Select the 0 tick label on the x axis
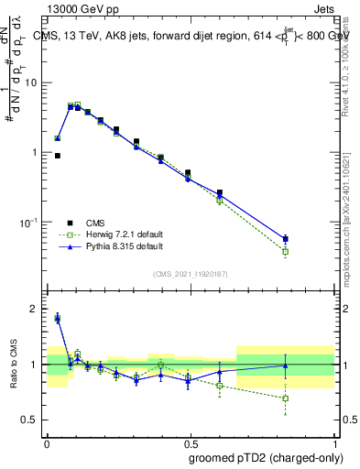coord(47,442)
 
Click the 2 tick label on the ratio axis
coord(35,310)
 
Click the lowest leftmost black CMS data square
coord(57,156)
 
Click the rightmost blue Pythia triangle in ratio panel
coord(286,365)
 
